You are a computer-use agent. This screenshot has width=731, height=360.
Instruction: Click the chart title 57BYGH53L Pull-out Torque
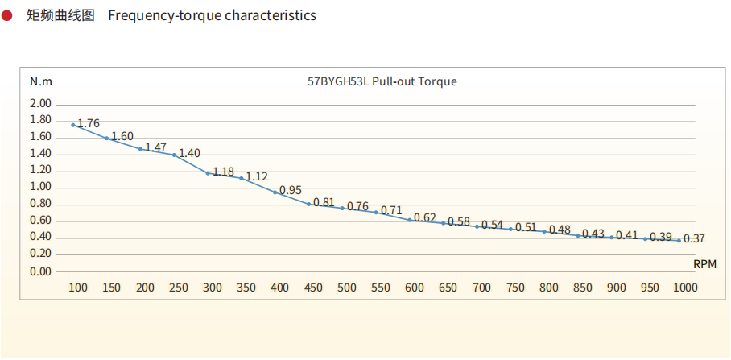[x=382, y=81]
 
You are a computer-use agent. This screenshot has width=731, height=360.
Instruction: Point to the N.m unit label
[x=41, y=81]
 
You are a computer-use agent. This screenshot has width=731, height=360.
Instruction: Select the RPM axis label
[x=704, y=263]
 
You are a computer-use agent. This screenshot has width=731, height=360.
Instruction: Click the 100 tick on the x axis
[x=78, y=288]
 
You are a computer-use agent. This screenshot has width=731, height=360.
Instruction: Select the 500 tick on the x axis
[x=347, y=288]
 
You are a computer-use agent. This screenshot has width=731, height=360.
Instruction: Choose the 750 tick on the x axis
[x=515, y=288]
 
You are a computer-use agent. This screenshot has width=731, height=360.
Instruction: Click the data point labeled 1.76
[x=73, y=125]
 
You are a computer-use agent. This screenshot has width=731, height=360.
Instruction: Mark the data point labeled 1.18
[x=208, y=173]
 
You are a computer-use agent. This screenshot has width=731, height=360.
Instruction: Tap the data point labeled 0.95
[x=275, y=192]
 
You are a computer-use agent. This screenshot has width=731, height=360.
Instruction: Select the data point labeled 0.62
[x=410, y=220]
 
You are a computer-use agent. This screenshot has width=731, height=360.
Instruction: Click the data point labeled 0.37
[x=679, y=240]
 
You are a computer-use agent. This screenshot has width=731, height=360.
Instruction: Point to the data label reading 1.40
[x=189, y=153]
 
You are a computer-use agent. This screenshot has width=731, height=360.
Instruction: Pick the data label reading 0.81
[x=324, y=202]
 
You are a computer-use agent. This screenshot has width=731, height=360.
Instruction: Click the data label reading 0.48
[x=560, y=230]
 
